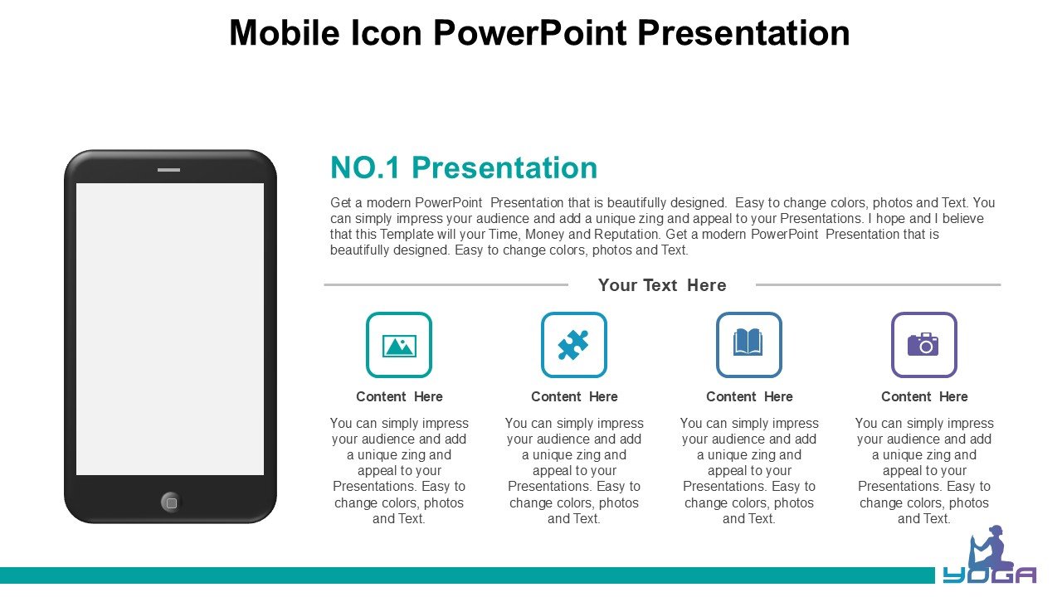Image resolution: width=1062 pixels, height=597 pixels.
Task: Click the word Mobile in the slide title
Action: tap(285, 32)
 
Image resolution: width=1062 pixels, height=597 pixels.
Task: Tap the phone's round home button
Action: tap(171, 502)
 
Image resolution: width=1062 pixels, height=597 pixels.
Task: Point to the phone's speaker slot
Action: tap(168, 170)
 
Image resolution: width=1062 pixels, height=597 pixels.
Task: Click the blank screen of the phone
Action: tap(170, 329)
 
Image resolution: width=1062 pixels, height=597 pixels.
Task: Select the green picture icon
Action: tap(399, 346)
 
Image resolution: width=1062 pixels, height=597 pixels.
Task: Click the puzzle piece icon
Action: tap(573, 344)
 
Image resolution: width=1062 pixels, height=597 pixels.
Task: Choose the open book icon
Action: tap(748, 342)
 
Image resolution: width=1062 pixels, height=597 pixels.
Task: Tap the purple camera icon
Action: tap(923, 344)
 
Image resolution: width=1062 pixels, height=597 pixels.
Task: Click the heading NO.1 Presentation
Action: tap(464, 167)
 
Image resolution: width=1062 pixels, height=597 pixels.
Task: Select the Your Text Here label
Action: tap(662, 285)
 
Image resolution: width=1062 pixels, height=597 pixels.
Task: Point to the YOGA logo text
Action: tap(989, 575)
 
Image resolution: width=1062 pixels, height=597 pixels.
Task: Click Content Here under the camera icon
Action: tap(924, 396)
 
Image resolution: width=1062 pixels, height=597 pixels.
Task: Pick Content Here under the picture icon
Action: tap(399, 396)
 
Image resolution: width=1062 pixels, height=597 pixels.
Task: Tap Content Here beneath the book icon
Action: tap(749, 396)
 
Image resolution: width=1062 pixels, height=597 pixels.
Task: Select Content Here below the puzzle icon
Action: tap(574, 396)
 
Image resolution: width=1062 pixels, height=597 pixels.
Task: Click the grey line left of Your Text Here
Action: tap(446, 284)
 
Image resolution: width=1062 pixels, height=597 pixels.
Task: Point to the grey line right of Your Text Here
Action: tap(878, 284)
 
